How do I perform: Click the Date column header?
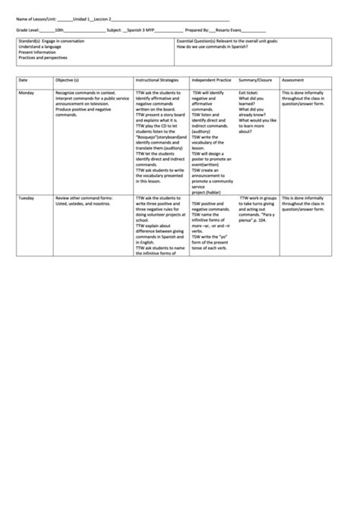click(23, 79)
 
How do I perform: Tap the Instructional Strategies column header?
click(156, 79)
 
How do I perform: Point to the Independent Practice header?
click(211, 79)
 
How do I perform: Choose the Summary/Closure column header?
click(255, 79)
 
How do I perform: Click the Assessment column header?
click(293, 79)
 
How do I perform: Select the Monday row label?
click(27, 93)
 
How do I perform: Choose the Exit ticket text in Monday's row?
click(248, 93)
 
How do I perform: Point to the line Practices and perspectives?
click(43, 58)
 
